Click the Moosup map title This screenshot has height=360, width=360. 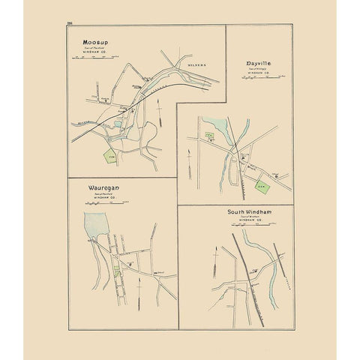coord(96,43)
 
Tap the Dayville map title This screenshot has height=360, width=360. coord(257,64)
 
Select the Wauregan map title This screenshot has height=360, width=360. coord(101,190)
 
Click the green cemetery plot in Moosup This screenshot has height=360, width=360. coord(111,156)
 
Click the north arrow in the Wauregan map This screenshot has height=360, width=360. coord(139,286)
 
